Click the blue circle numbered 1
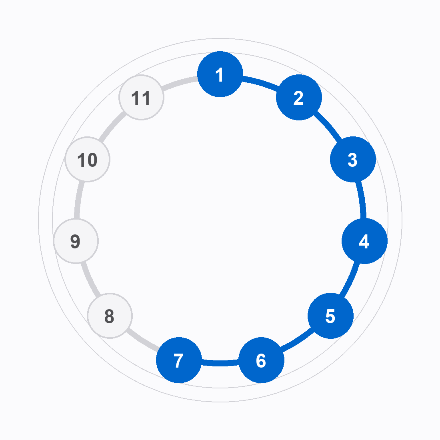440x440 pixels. click(x=220, y=74)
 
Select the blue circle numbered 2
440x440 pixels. click(x=299, y=97)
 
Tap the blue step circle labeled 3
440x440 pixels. click(x=353, y=159)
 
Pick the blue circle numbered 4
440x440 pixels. click(x=364, y=241)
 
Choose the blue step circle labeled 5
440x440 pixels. click(x=330, y=316)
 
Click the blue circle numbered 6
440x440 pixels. click(x=261, y=360)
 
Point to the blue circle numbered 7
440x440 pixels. click(x=179, y=360)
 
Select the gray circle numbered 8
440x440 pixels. click(x=110, y=316)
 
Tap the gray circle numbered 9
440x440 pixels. click(x=76, y=241)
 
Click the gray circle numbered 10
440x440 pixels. click(x=87, y=159)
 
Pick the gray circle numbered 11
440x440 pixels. click(x=142, y=97)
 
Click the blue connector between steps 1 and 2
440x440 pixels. click(x=261, y=82)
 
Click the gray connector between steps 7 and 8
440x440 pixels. click(x=142, y=341)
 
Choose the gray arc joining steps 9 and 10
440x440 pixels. click(x=78, y=200)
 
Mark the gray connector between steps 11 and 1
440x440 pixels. click(x=180, y=82)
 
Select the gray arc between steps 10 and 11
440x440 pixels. click(x=112, y=126)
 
